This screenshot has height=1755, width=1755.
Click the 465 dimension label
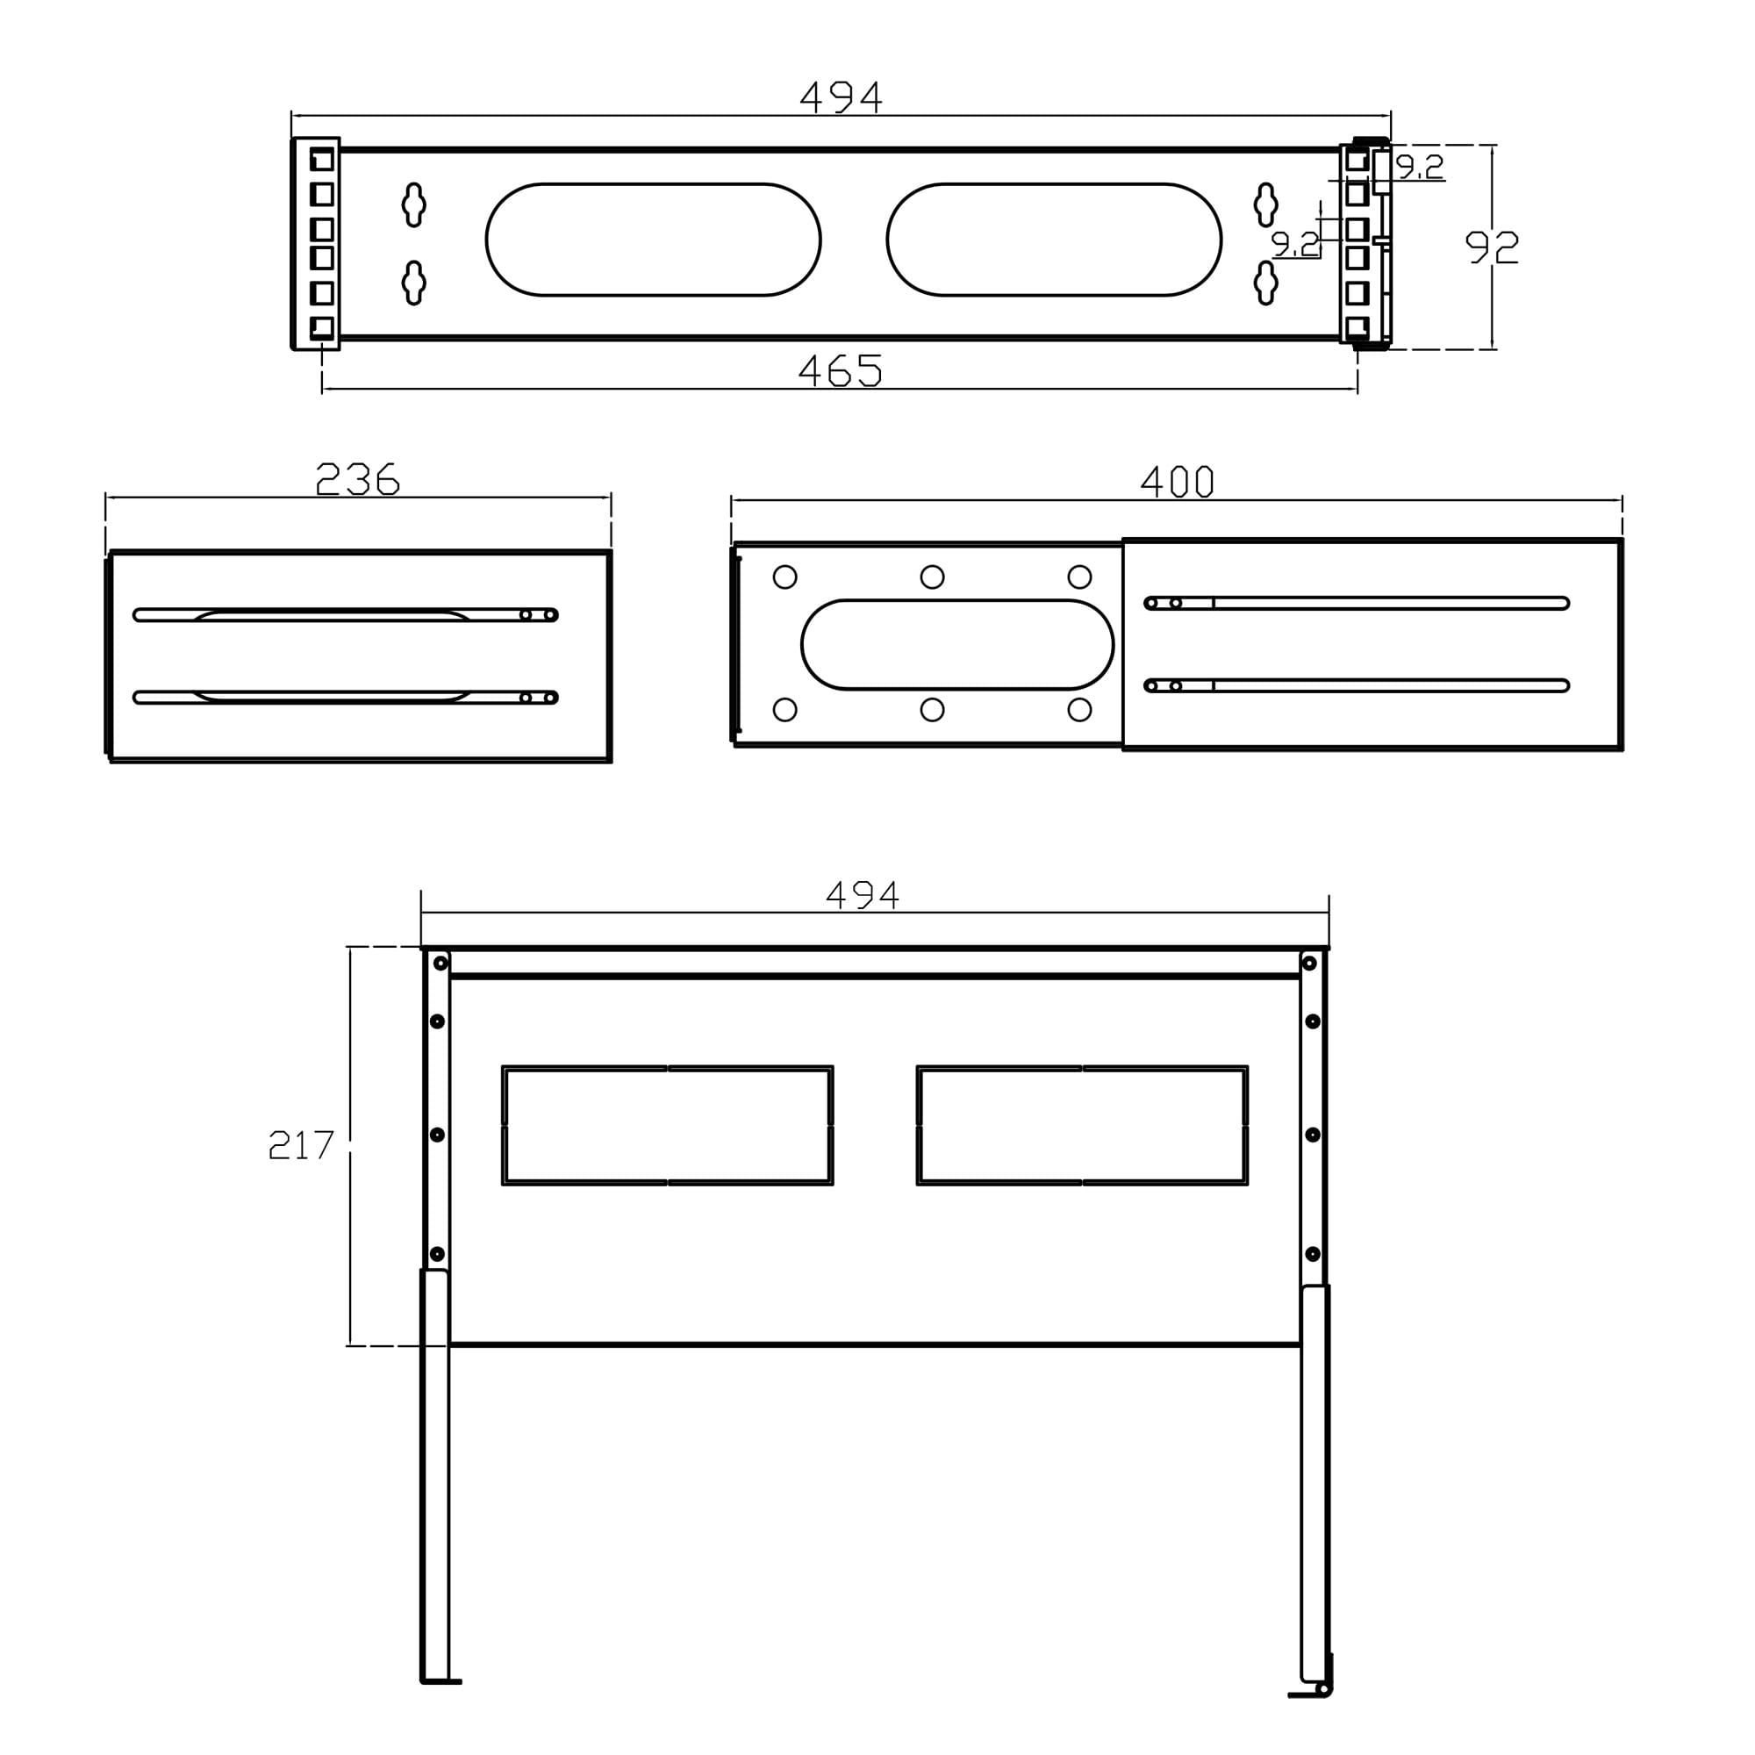pos(840,370)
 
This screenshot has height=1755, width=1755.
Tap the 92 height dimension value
pos(1492,247)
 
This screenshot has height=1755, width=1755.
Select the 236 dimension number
pos(357,479)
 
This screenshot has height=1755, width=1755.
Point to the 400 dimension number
pos(1177,482)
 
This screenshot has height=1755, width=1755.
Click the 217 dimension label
pos(302,1144)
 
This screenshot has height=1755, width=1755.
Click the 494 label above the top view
pos(841,97)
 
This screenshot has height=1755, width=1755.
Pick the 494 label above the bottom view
pos(862,896)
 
